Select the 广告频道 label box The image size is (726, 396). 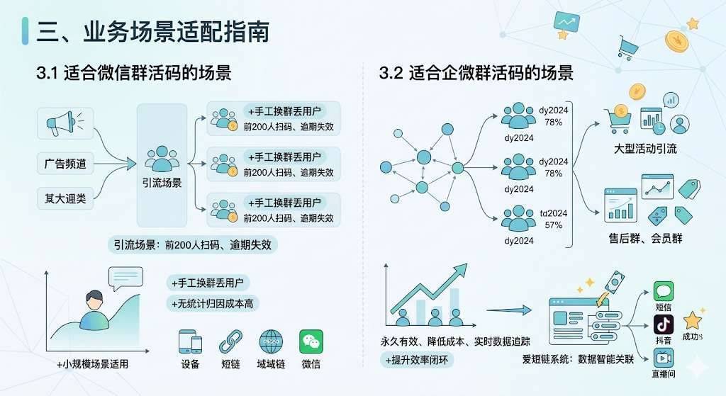click(x=65, y=164)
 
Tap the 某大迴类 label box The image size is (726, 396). click(x=65, y=198)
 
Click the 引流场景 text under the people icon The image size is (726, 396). click(x=162, y=183)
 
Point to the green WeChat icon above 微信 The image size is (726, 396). click(x=311, y=342)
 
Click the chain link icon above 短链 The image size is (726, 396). click(x=230, y=342)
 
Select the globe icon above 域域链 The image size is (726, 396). click(x=271, y=342)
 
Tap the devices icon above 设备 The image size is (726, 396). click(x=190, y=342)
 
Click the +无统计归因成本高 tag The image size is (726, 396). click(x=213, y=304)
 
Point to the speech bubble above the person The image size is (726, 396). click(x=125, y=278)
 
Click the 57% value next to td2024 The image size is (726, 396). click(x=553, y=225)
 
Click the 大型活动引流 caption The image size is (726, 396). click(x=645, y=149)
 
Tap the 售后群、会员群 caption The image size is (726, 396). click(x=645, y=238)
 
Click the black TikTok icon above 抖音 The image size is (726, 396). click(x=664, y=324)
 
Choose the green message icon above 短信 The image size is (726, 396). click(x=664, y=291)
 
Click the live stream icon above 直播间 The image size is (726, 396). click(x=664, y=358)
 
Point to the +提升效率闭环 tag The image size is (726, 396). click(x=417, y=360)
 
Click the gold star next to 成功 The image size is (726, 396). click(x=692, y=320)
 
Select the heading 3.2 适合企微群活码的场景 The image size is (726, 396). click(x=476, y=73)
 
